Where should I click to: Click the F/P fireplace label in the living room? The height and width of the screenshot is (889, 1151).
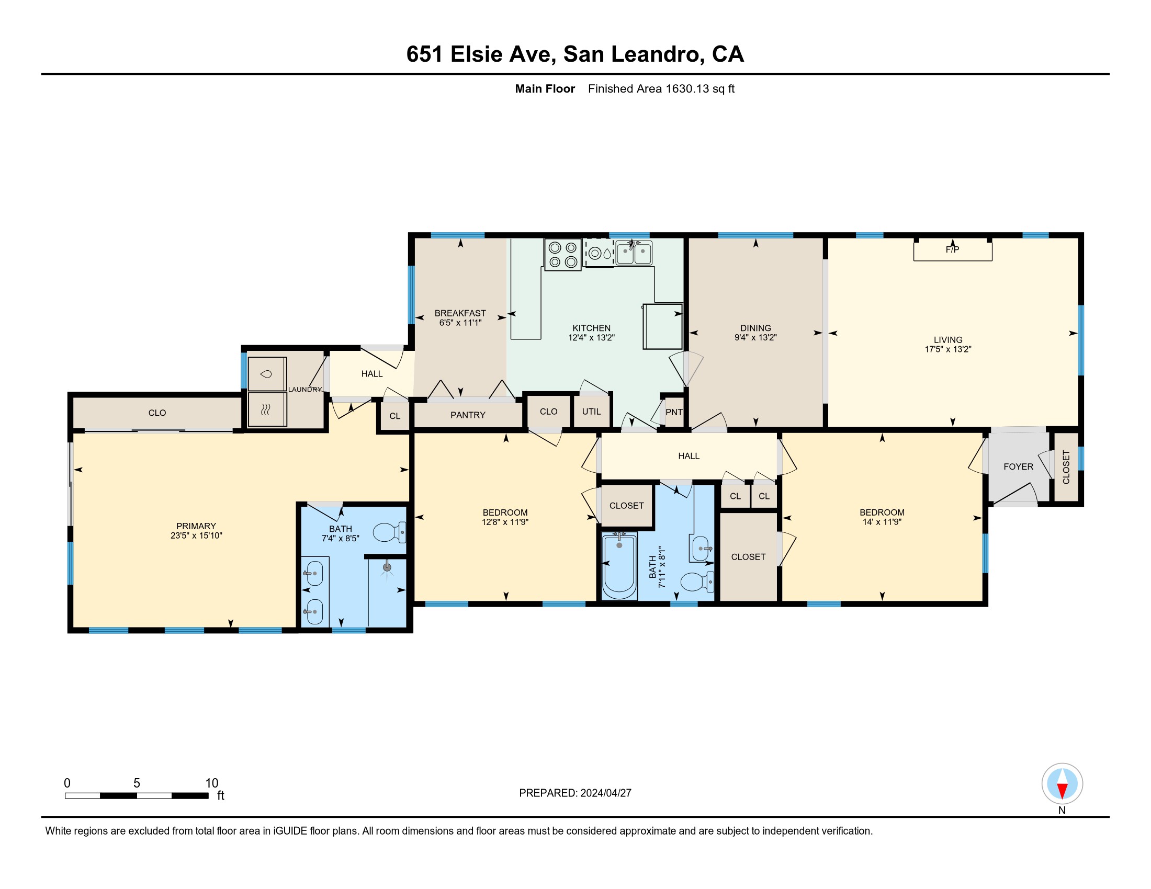click(952, 249)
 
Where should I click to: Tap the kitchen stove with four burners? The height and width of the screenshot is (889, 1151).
click(563, 254)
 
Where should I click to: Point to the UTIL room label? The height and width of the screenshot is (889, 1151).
click(591, 412)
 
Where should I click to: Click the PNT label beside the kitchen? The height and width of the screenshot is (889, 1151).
click(674, 412)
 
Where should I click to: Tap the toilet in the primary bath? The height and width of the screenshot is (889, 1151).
click(389, 532)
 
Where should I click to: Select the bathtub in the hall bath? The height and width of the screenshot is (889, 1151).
click(619, 566)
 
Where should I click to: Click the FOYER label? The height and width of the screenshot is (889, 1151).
click(1018, 466)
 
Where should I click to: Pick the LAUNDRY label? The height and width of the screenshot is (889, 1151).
click(304, 389)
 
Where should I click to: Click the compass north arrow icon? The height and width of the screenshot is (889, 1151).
click(1062, 784)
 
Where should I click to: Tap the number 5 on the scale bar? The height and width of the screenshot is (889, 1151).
click(137, 783)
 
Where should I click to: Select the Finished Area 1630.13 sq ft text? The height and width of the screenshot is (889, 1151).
click(661, 88)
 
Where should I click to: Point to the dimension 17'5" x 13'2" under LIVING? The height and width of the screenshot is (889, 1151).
click(947, 349)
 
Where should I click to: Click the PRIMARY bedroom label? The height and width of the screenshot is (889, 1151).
click(196, 526)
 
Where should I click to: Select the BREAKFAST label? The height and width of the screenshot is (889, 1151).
click(460, 313)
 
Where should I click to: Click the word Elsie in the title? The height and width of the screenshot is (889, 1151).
click(477, 54)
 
